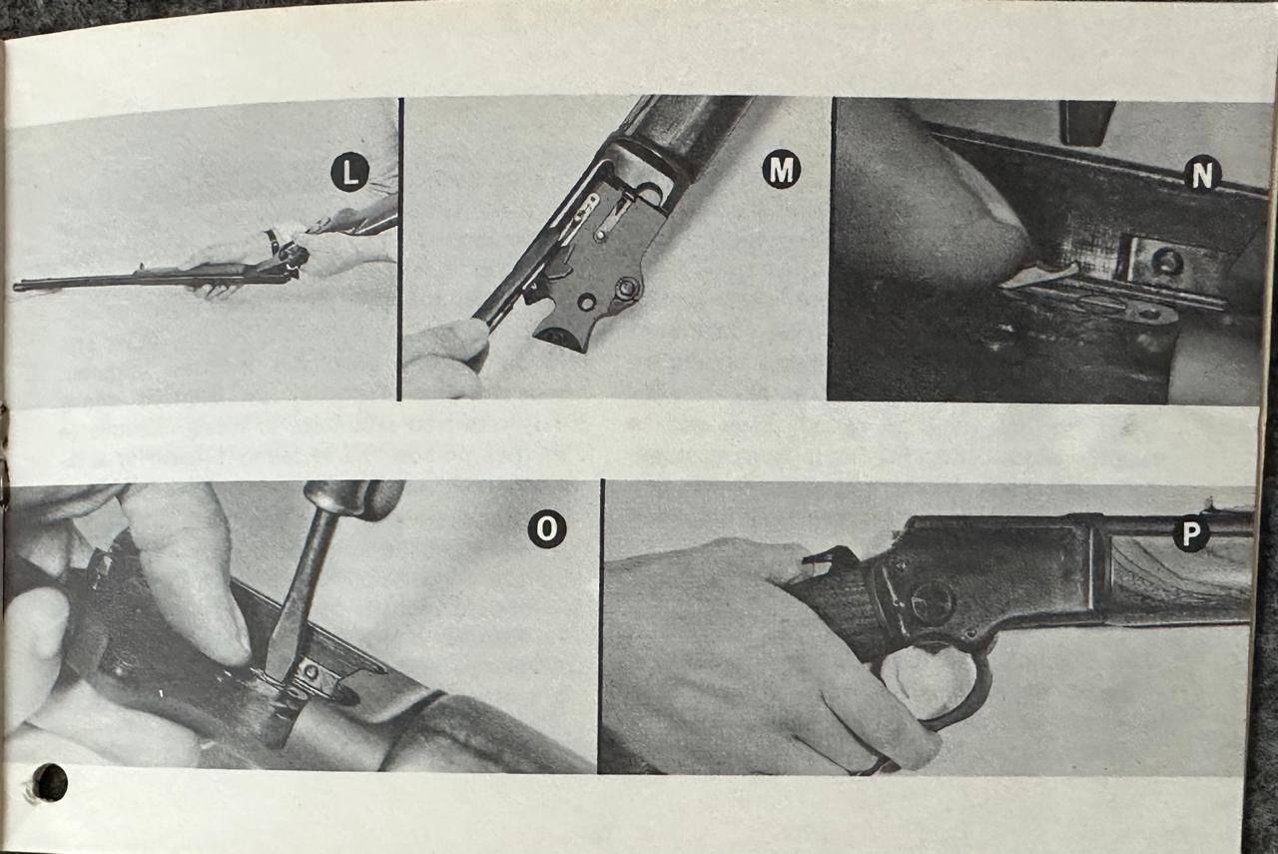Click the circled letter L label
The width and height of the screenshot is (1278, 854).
pos(349,171)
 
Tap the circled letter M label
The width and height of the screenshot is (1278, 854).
pos(781,169)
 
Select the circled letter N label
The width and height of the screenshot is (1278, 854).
pos(1201,175)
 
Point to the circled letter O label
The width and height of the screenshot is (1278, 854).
pos(546,528)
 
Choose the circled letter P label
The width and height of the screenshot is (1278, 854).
pos(1190,533)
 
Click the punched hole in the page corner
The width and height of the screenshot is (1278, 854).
pos(50,782)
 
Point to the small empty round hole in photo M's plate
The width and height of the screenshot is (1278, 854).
pos(586,302)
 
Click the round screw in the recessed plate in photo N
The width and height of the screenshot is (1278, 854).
pos(1167,261)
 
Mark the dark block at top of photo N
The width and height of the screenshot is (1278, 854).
pos(1087,122)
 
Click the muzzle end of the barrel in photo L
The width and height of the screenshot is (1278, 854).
pos(16,286)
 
